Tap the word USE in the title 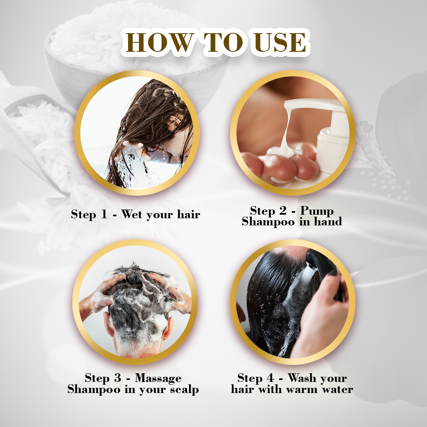[280, 42]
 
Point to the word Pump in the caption [317, 211]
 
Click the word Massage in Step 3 [158, 378]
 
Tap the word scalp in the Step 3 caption [184, 390]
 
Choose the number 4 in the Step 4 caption [270, 378]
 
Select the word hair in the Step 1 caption [189, 214]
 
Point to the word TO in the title [223, 42]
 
